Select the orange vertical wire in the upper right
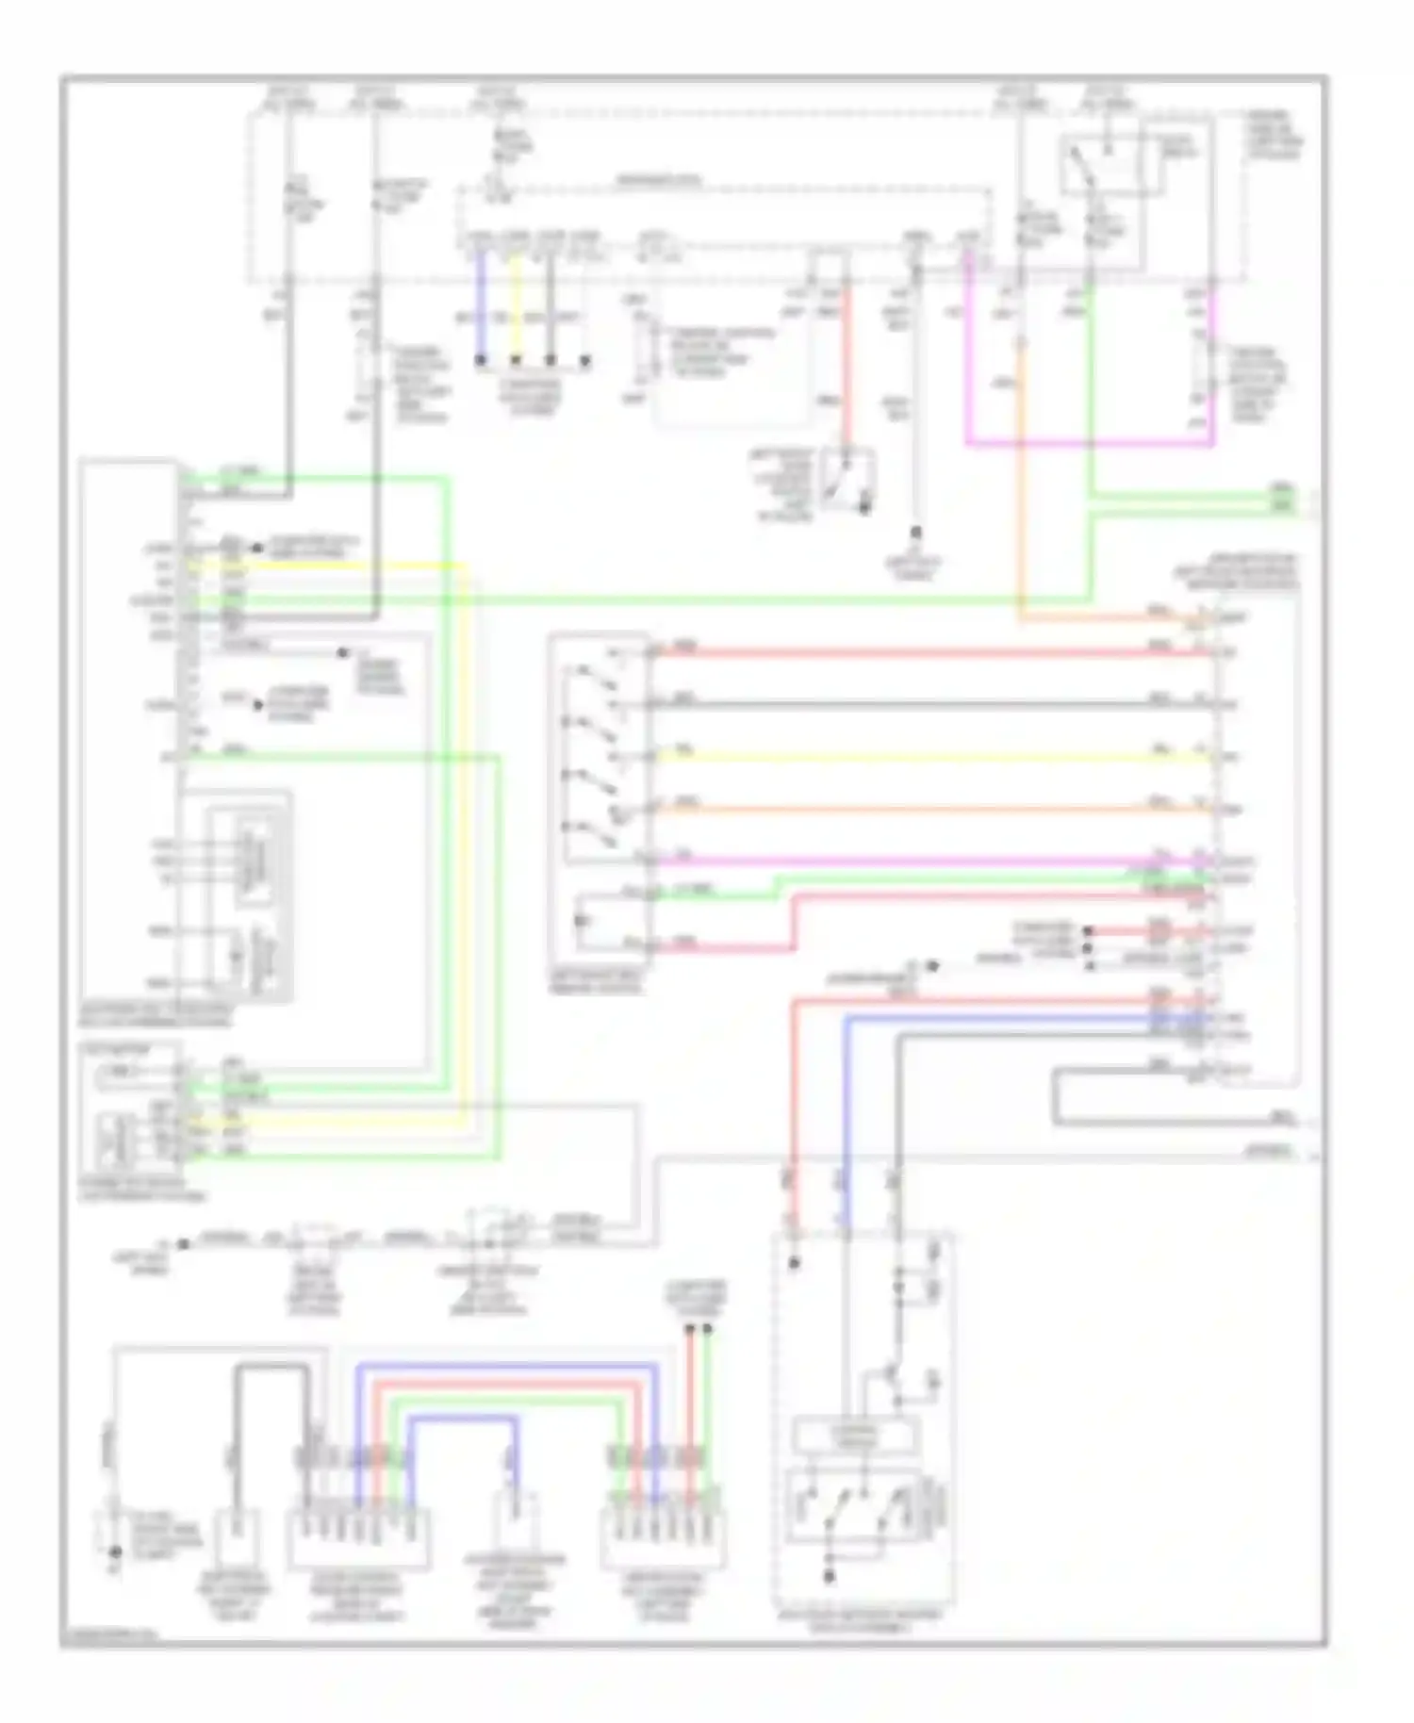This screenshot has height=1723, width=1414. [x=1020, y=490]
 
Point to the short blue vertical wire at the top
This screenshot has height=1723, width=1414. [x=481, y=302]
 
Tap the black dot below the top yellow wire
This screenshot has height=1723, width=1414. [x=516, y=360]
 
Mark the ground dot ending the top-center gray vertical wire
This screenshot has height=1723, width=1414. [x=915, y=533]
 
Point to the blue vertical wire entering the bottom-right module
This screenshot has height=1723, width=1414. [x=847, y=1131]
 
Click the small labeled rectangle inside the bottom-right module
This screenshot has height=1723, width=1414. [x=856, y=1436]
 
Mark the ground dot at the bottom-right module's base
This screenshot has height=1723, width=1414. [x=830, y=1577]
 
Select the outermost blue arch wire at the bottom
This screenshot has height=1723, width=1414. [x=509, y=1366]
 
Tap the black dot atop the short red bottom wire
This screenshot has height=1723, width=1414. [x=690, y=1329]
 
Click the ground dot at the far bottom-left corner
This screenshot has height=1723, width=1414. [x=115, y=1551]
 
